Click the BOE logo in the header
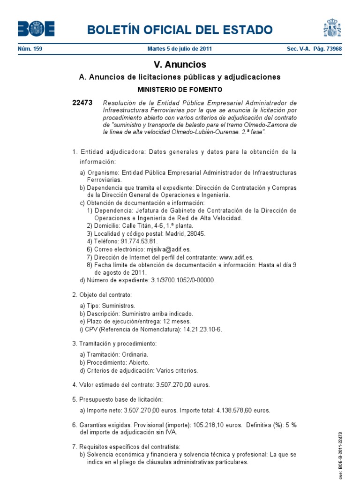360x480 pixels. tap(36, 29)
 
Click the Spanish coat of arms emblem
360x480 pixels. tap(332, 28)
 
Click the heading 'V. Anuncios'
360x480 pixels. tap(180, 65)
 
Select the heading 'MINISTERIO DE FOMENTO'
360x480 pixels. tap(180, 89)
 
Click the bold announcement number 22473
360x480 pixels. tap(82, 103)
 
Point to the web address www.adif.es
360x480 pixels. tap(236, 257)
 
